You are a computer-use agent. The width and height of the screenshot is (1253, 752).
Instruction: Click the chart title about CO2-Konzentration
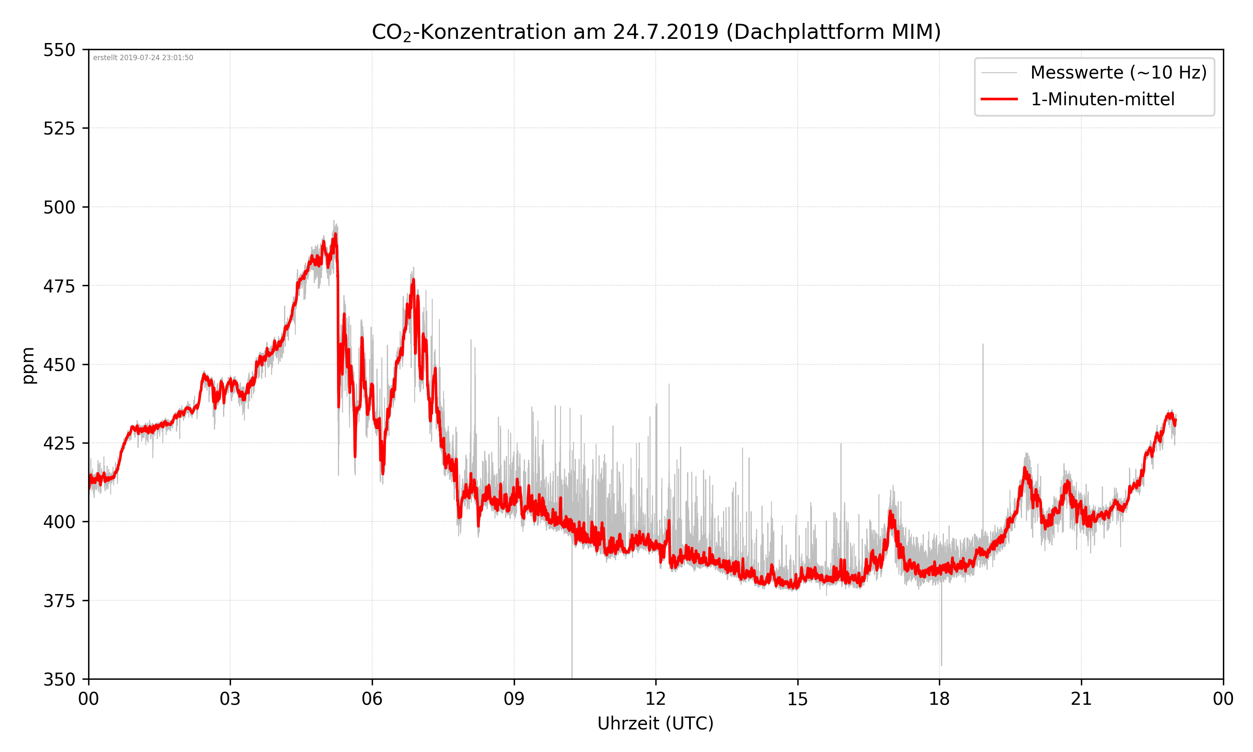(656, 32)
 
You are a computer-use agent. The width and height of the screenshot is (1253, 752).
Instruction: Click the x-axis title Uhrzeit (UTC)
(655, 723)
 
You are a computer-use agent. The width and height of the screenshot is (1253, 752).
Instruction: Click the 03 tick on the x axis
(230, 699)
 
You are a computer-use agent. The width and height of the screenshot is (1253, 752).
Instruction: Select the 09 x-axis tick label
(514, 699)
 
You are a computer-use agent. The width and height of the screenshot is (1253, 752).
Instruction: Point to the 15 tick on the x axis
(797, 699)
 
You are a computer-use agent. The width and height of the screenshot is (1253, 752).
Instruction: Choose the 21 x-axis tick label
(1081, 699)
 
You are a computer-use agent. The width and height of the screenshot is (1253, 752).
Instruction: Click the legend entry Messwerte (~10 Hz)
(1118, 72)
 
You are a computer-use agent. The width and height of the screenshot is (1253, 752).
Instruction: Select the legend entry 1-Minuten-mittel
(1102, 99)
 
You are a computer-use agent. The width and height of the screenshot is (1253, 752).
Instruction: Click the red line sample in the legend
(999, 99)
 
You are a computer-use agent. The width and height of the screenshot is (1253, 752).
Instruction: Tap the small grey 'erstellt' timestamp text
(143, 58)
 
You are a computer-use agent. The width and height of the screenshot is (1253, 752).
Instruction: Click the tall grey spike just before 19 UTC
(983, 345)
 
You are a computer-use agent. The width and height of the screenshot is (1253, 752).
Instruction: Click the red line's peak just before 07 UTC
(413, 280)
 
